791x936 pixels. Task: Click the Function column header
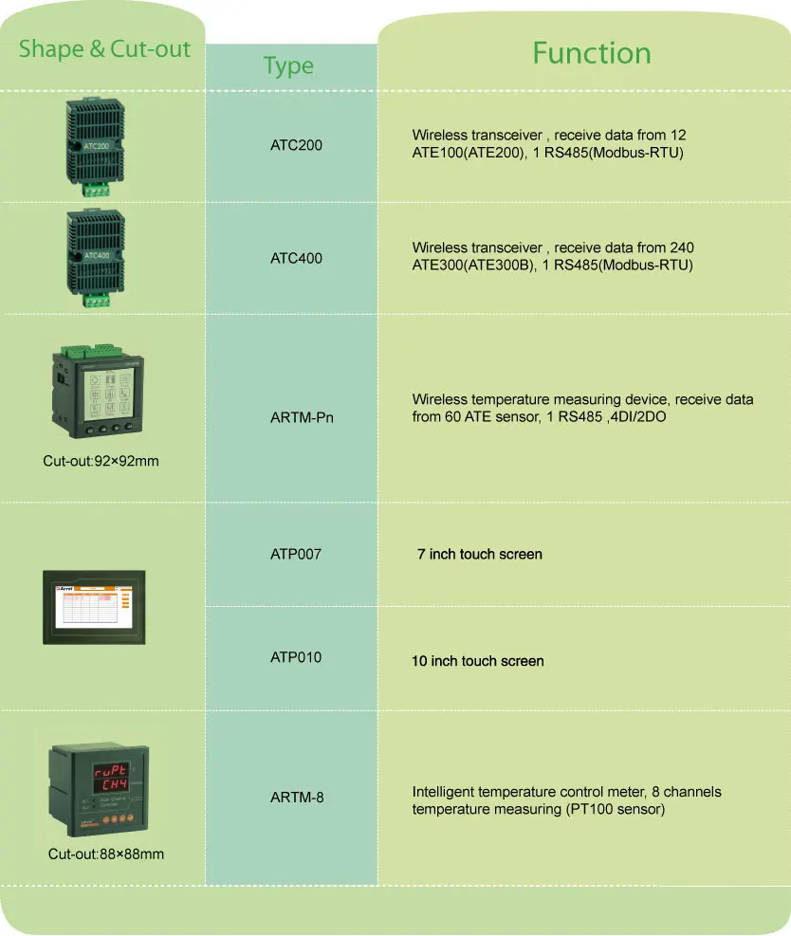click(591, 53)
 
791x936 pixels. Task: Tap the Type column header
click(288, 66)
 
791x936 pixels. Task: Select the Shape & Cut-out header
click(104, 49)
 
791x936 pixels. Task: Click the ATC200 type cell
click(296, 145)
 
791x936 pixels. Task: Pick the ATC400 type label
click(296, 257)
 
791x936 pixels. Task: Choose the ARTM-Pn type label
click(296, 416)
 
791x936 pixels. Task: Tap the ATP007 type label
click(296, 554)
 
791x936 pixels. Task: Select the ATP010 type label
click(296, 657)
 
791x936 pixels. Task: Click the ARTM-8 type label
click(296, 798)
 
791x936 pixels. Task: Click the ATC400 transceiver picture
click(96, 255)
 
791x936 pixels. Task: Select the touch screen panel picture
click(94, 607)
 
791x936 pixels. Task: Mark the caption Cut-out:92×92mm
click(101, 462)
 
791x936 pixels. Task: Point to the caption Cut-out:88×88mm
click(106, 854)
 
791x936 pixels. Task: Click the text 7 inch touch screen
click(480, 554)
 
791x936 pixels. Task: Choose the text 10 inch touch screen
click(478, 661)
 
